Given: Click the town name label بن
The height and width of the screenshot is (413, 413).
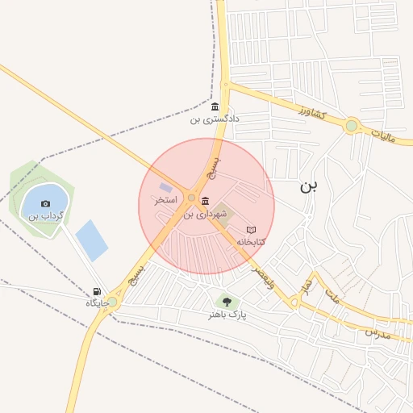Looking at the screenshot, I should [309, 186].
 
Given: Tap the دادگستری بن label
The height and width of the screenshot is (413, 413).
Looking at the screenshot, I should [215, 119].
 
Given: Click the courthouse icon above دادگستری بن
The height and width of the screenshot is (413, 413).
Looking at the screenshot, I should [215, 107].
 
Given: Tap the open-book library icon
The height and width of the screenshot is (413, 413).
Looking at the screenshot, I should [251, 230].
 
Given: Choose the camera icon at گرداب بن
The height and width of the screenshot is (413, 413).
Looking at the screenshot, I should [45, 203].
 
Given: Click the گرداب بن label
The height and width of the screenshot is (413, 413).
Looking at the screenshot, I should [45, 215].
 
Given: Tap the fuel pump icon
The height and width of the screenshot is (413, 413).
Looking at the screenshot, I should [98, 292].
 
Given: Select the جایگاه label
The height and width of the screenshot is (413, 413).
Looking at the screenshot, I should [98, 303].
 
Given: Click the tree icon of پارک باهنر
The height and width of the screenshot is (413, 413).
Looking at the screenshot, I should [227, 302].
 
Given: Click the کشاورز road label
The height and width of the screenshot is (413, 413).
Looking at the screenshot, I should [309, 112].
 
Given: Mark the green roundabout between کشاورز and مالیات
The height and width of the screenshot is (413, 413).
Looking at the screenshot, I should [351, 126].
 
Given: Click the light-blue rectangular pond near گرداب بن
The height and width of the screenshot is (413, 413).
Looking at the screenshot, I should [91, 240].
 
